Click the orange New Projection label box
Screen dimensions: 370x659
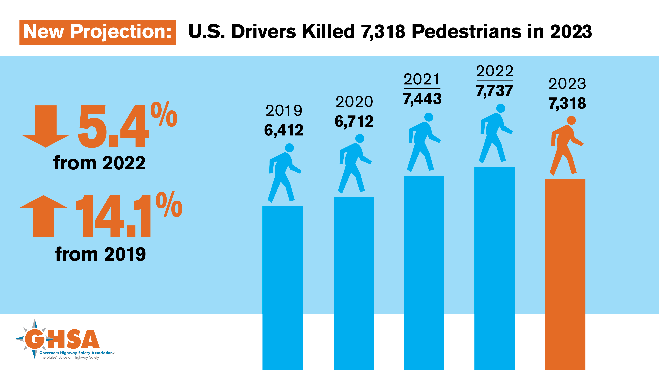click(x=98, y=32)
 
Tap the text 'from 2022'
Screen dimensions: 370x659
click(x=99, y=163)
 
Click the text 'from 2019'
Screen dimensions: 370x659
click(x=100, y=254)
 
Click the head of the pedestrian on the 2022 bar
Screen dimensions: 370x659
click(x=501, y=108)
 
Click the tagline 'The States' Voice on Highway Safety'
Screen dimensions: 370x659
click(x=69, y=358)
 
